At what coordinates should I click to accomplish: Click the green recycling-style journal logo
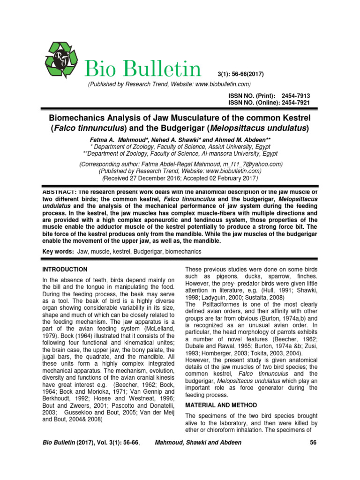(x=62, y=60)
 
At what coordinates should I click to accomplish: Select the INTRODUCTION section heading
(x=65, y=270)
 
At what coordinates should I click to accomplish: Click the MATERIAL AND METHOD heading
(x=221, y=405)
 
